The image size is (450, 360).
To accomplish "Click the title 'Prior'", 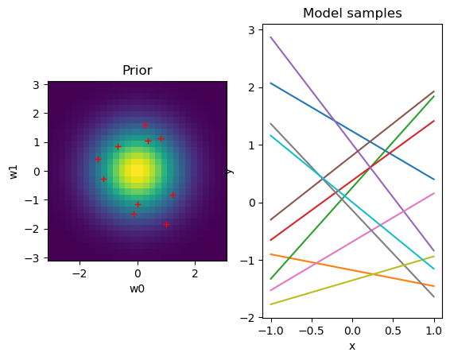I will pyautogui.click(x=137, y=71).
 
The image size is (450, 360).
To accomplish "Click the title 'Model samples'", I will pyautogui.click(x=352, y=14).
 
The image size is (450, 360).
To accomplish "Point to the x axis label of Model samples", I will pyautogui.click(x=352, y=346).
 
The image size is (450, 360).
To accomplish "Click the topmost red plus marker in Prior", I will pyautogui.click(x=145, y=126).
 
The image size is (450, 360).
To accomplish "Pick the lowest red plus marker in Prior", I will pyautogui.click(x=166, y=225).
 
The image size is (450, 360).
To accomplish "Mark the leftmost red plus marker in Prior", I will pyautogui.click(x=98, y=159).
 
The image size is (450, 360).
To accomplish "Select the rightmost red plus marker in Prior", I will pyautogui.click(x=173, y=195).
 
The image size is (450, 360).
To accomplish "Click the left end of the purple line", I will pyautogui.click(x=271, y=37).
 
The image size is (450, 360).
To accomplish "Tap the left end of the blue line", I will pyautogui.click(x=271, y=83).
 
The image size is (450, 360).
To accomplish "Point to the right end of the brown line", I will pyautogui.click(x=434, y=91).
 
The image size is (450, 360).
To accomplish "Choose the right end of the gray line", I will pyautogui.click(x=434, y=296).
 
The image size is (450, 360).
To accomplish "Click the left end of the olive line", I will pyautogui.click(x=271, y=304).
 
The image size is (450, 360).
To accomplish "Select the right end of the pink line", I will pyautogui.click(x=434, y=193).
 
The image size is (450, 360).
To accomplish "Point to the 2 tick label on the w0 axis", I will pyautogui.click(x=195, y=273).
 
